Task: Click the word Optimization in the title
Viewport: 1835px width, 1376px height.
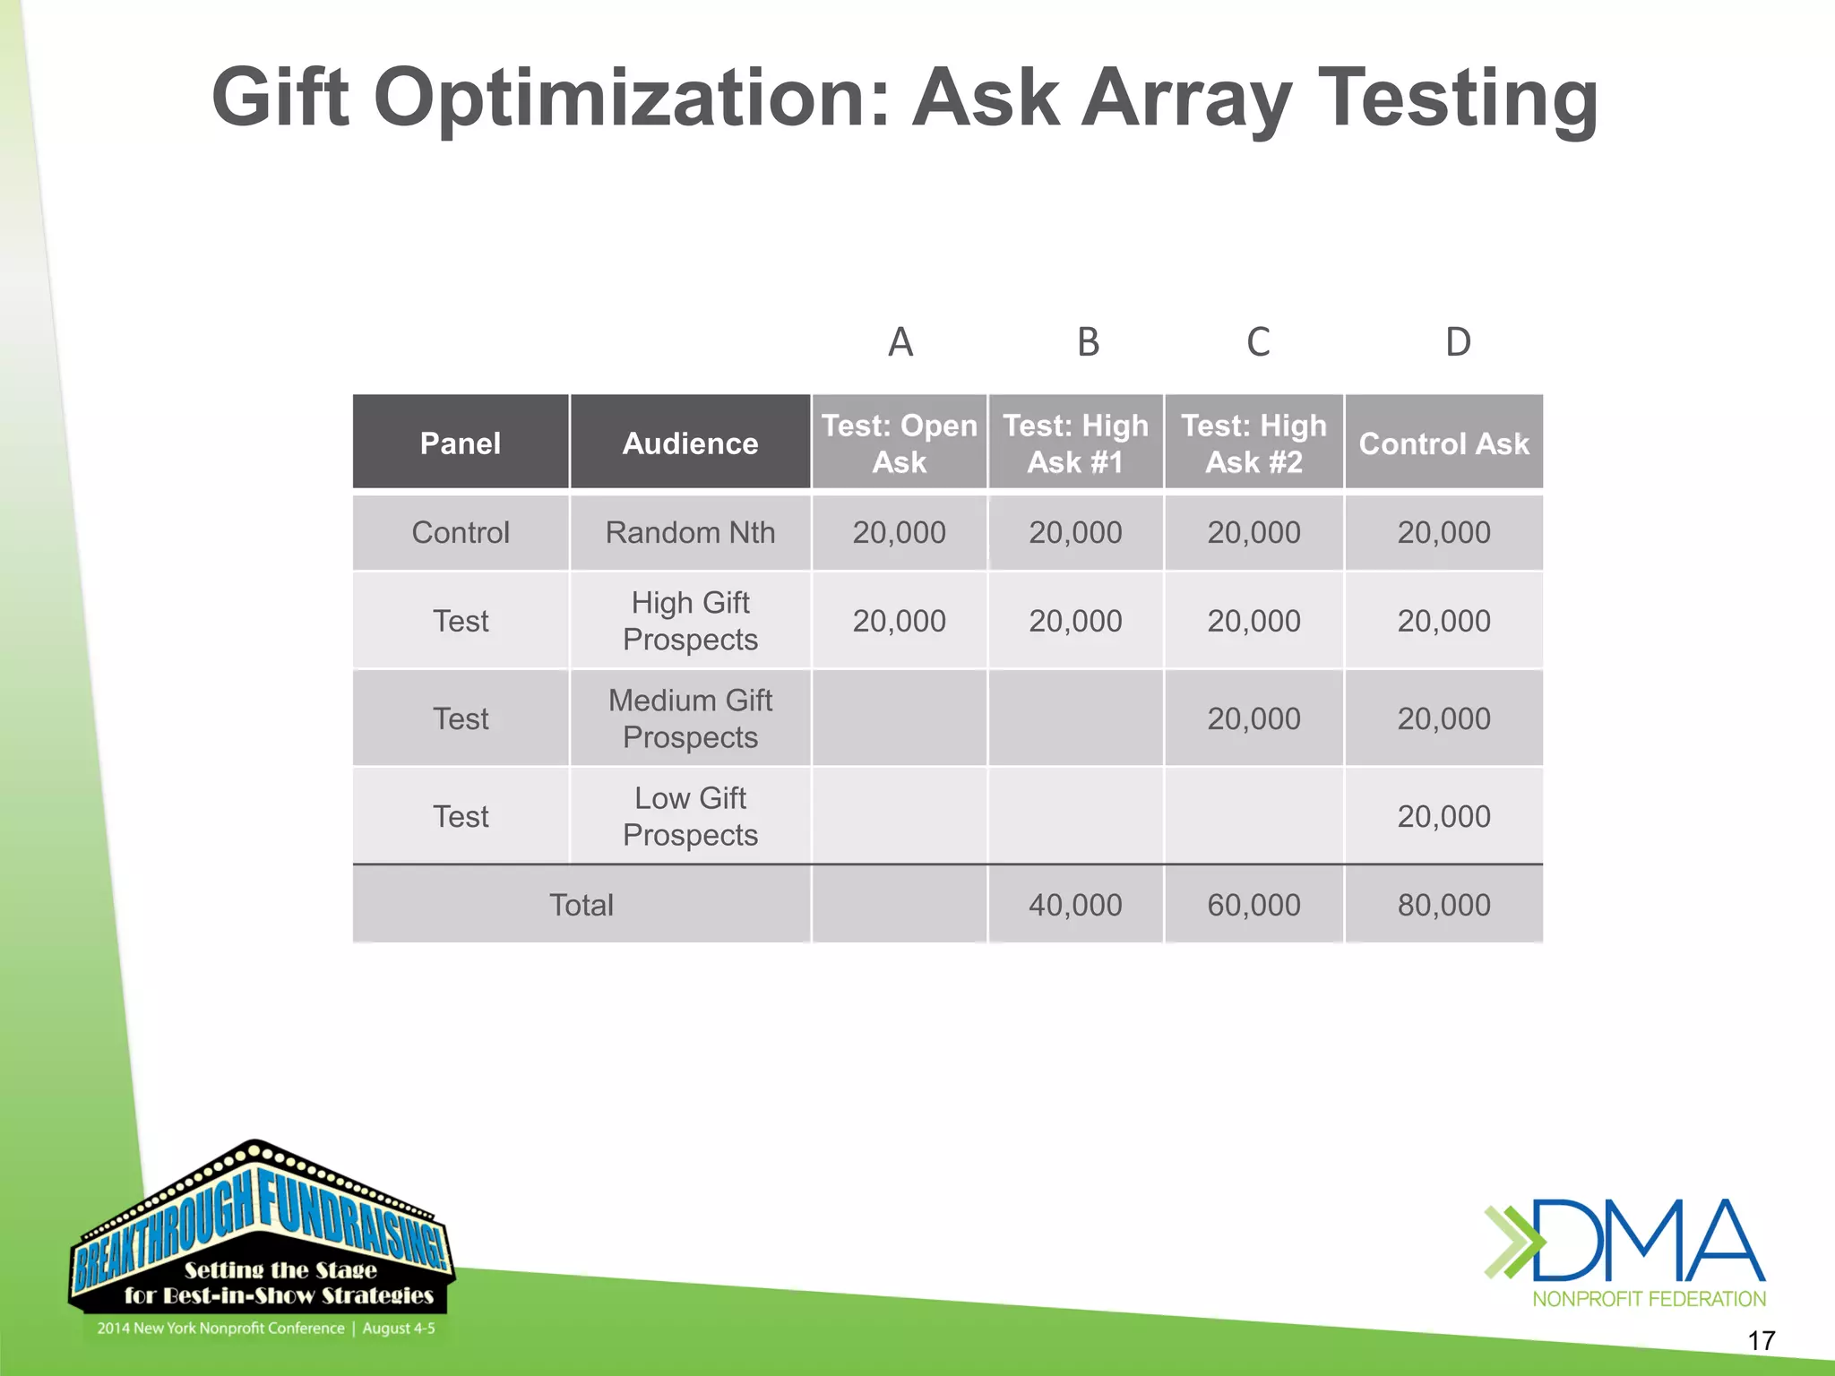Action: point(631,99)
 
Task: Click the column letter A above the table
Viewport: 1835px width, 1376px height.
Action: point(900,342)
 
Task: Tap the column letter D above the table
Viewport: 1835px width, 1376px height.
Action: point(1458,342)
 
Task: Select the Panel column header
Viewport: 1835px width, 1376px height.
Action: point(461,443)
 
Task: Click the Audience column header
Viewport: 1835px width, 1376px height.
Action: point(690,443)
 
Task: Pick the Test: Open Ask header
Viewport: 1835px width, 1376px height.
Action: point(899,443)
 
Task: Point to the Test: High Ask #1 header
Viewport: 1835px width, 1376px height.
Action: point(1075,443)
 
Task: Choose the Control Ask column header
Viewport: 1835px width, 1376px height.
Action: point(1443,443)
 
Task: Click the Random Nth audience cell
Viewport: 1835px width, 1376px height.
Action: point(690,533)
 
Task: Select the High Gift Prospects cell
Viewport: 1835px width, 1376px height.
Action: point(690,621)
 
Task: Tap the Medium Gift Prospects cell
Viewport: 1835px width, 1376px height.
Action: point(690,718)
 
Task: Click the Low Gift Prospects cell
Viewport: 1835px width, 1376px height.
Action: point(690,816)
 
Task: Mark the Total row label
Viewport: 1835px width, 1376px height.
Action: point(582,905)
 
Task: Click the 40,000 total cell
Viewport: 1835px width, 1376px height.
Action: point(1075,905)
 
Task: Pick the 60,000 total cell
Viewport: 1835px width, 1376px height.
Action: point(1253,905)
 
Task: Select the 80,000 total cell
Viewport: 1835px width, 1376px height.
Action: point(1443,905)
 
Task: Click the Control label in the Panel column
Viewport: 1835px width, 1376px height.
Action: point(461,533)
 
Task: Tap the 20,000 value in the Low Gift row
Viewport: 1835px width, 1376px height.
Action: point(1443,816)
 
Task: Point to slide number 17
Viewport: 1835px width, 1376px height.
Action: point(1761,1341)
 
